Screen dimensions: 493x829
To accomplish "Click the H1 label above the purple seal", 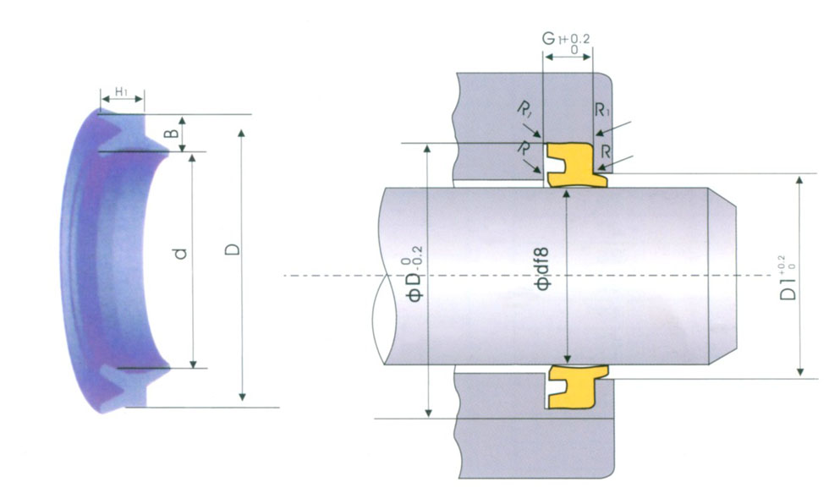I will coord(121,91).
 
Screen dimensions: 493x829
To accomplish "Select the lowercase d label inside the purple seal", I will coord(178,253).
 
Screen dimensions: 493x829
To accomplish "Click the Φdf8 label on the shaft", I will coord(543,270).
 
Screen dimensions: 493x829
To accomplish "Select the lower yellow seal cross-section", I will coord(575,386).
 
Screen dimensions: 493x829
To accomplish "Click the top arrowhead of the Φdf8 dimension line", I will coord(568,193).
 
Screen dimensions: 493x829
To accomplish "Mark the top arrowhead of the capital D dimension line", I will coord(243,134).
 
